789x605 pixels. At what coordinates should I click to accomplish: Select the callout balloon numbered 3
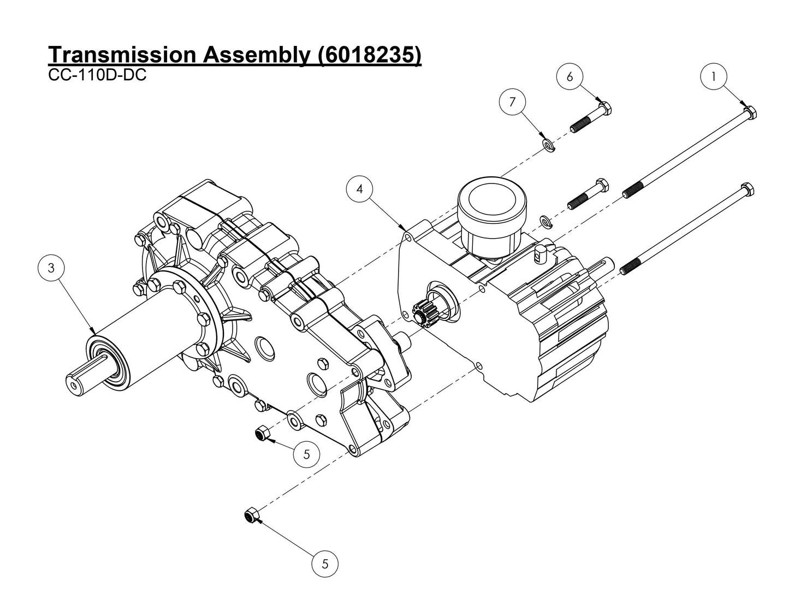pyautogui.click(x=51, y=268)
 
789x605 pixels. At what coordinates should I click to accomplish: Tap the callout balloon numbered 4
pyautogui.click(x=359, y=189)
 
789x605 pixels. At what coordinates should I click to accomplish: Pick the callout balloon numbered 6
pyautogui.click(x=570, y=76)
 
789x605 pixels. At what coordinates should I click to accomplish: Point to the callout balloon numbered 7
pyautogui.click(x=512, y=102)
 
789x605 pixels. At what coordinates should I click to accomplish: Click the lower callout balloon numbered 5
pyautogui.click(x=325, y=564)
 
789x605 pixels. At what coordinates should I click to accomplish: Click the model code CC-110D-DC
pyautogui.click(x=97, y=75)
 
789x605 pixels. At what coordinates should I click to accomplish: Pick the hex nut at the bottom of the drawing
pyautogui.click(x=251, y=514)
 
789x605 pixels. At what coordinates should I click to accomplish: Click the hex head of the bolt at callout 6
pyautogui.click(x=604, y=108)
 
